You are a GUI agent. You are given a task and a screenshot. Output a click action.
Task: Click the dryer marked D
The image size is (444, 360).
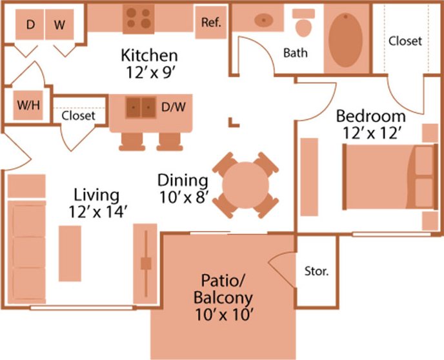tap(30, 25)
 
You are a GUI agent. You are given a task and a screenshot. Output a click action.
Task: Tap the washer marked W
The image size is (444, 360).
tap(59, 25)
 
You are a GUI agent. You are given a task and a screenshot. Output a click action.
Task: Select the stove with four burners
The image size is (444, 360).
tap(138, 18)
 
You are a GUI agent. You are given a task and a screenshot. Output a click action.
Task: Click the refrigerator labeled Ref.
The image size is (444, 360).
tap(211, 22)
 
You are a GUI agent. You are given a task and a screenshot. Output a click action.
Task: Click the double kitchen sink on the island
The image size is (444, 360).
tap(140, 106)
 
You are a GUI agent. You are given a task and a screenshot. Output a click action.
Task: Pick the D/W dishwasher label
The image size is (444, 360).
tap(173, 106)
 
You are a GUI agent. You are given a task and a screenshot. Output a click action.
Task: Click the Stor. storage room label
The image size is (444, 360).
tap(316, 271)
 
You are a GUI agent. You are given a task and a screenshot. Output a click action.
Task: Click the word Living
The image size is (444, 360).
tap(96, 194)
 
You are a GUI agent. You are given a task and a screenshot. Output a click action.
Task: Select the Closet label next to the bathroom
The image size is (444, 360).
tap(405, 41)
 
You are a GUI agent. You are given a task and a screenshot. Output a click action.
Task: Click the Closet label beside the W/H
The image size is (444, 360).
tap(79, 116)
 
